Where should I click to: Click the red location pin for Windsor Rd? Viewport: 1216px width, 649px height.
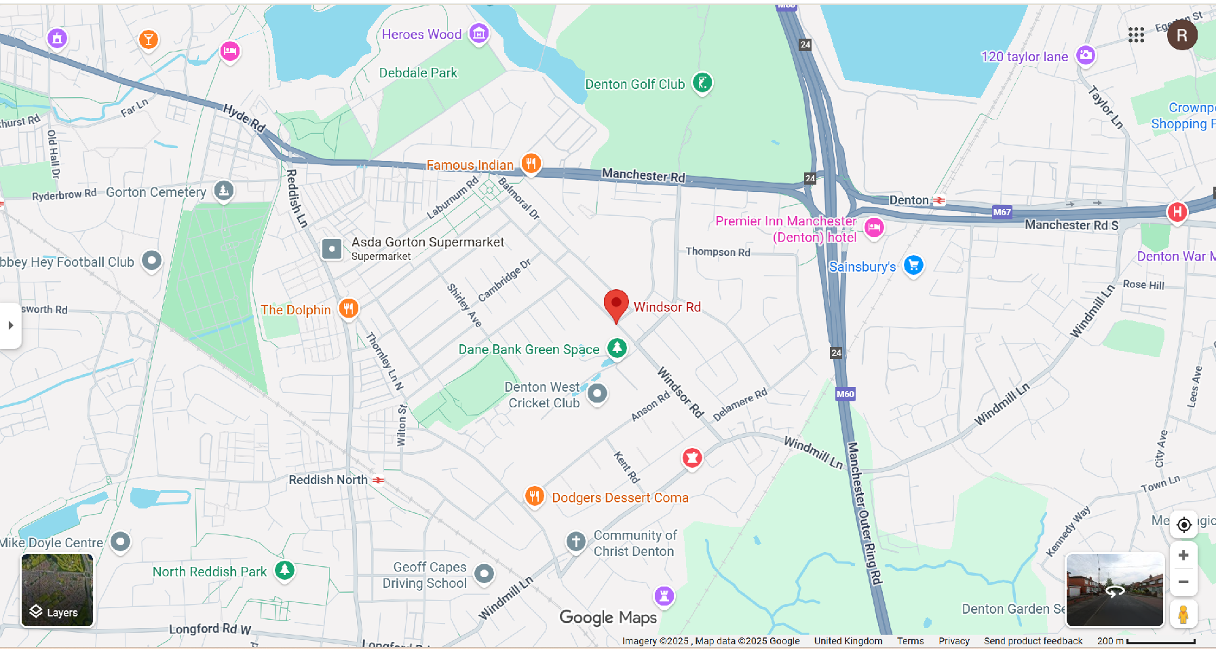tap(616, 303)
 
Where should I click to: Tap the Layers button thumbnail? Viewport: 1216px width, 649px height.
tap(57, 589)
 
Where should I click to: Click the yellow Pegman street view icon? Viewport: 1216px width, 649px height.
tap(1183, 614)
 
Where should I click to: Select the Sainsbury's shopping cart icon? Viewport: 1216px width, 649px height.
tap(913, 265)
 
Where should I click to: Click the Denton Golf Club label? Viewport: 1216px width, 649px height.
tap(634, 84)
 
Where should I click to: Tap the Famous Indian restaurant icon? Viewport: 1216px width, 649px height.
tap(531, 163)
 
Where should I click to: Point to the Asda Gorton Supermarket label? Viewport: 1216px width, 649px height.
tap(427, 242)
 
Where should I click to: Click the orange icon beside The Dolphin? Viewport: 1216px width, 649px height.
tap(348, 309)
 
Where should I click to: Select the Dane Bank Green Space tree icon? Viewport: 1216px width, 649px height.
tap(617, 348)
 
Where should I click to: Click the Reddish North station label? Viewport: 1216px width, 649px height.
tap(328, 480)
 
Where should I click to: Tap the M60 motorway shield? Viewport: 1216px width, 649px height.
tap(845, 394)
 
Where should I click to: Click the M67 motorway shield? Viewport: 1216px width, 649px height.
tap(1002, 212)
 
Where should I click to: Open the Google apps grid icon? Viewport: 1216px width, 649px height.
tap(1136, 35)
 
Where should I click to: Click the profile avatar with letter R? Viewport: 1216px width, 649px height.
tap(1181, 35)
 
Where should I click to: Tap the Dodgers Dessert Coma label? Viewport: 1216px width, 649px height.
tap(620, 498)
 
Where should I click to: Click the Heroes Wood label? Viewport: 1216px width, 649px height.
tap(421, 34)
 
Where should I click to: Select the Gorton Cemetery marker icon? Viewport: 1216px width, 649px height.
tap(224, 191)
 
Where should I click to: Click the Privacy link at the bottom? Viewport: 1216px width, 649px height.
tap(953, 641)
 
